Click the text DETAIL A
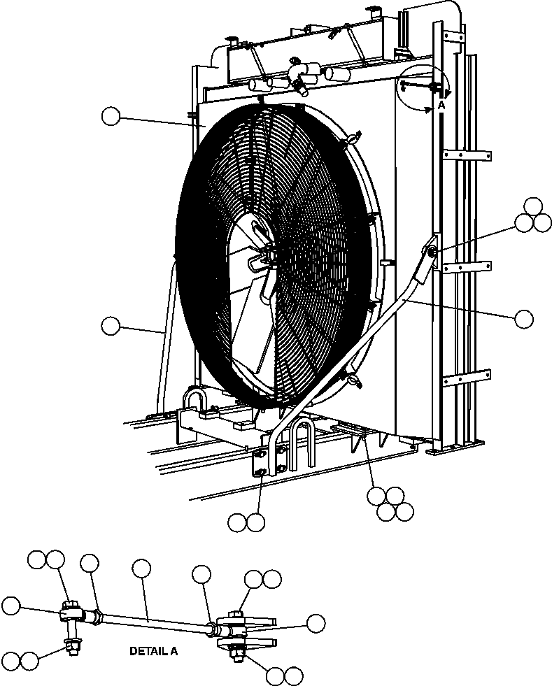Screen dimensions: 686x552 tap(153, 651)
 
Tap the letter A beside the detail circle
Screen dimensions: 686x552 tap(441, 104)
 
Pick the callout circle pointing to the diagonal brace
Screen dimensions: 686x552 tap(523, 319)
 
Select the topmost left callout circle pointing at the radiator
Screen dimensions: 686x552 tap(111, 116)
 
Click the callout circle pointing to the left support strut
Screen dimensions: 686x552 tap(111, 325)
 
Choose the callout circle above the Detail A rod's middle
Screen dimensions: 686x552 tap(141, 568)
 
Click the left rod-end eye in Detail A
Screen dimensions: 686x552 tap(71, 615)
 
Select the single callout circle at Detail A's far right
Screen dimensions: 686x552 tap(316, 624)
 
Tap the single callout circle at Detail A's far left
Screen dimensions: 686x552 tap(11, 606)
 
